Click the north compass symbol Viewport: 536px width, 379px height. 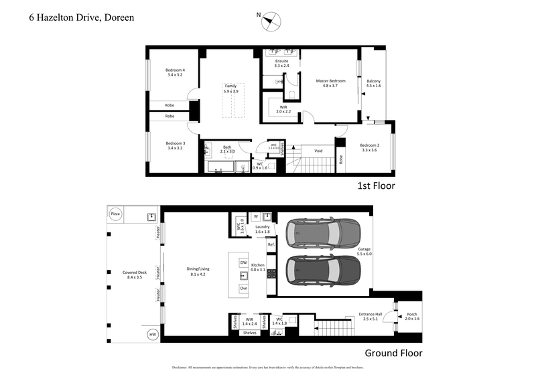pyautogui.click(x=271, y=21)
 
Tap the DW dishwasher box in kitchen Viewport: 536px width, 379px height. pyautogui.click(x=244, y=263)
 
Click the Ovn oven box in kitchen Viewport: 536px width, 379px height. pyautogui.click(x=244, y=288)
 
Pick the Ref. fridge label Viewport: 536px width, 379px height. pyautogui.click(x=271, y=245)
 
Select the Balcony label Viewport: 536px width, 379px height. pyautogui.click(x=373, y=83)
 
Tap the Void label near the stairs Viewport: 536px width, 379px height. pyautogui.click(x=318, y=151)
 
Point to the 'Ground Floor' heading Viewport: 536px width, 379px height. pyautogui.click(x=393, y=353)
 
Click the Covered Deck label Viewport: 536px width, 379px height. pyautogui.click(x=133, y=274)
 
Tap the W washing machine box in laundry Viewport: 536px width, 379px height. pyautogui.click(x=255, y=216)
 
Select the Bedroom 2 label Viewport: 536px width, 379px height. pyautogui.click(x=369, y=148)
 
